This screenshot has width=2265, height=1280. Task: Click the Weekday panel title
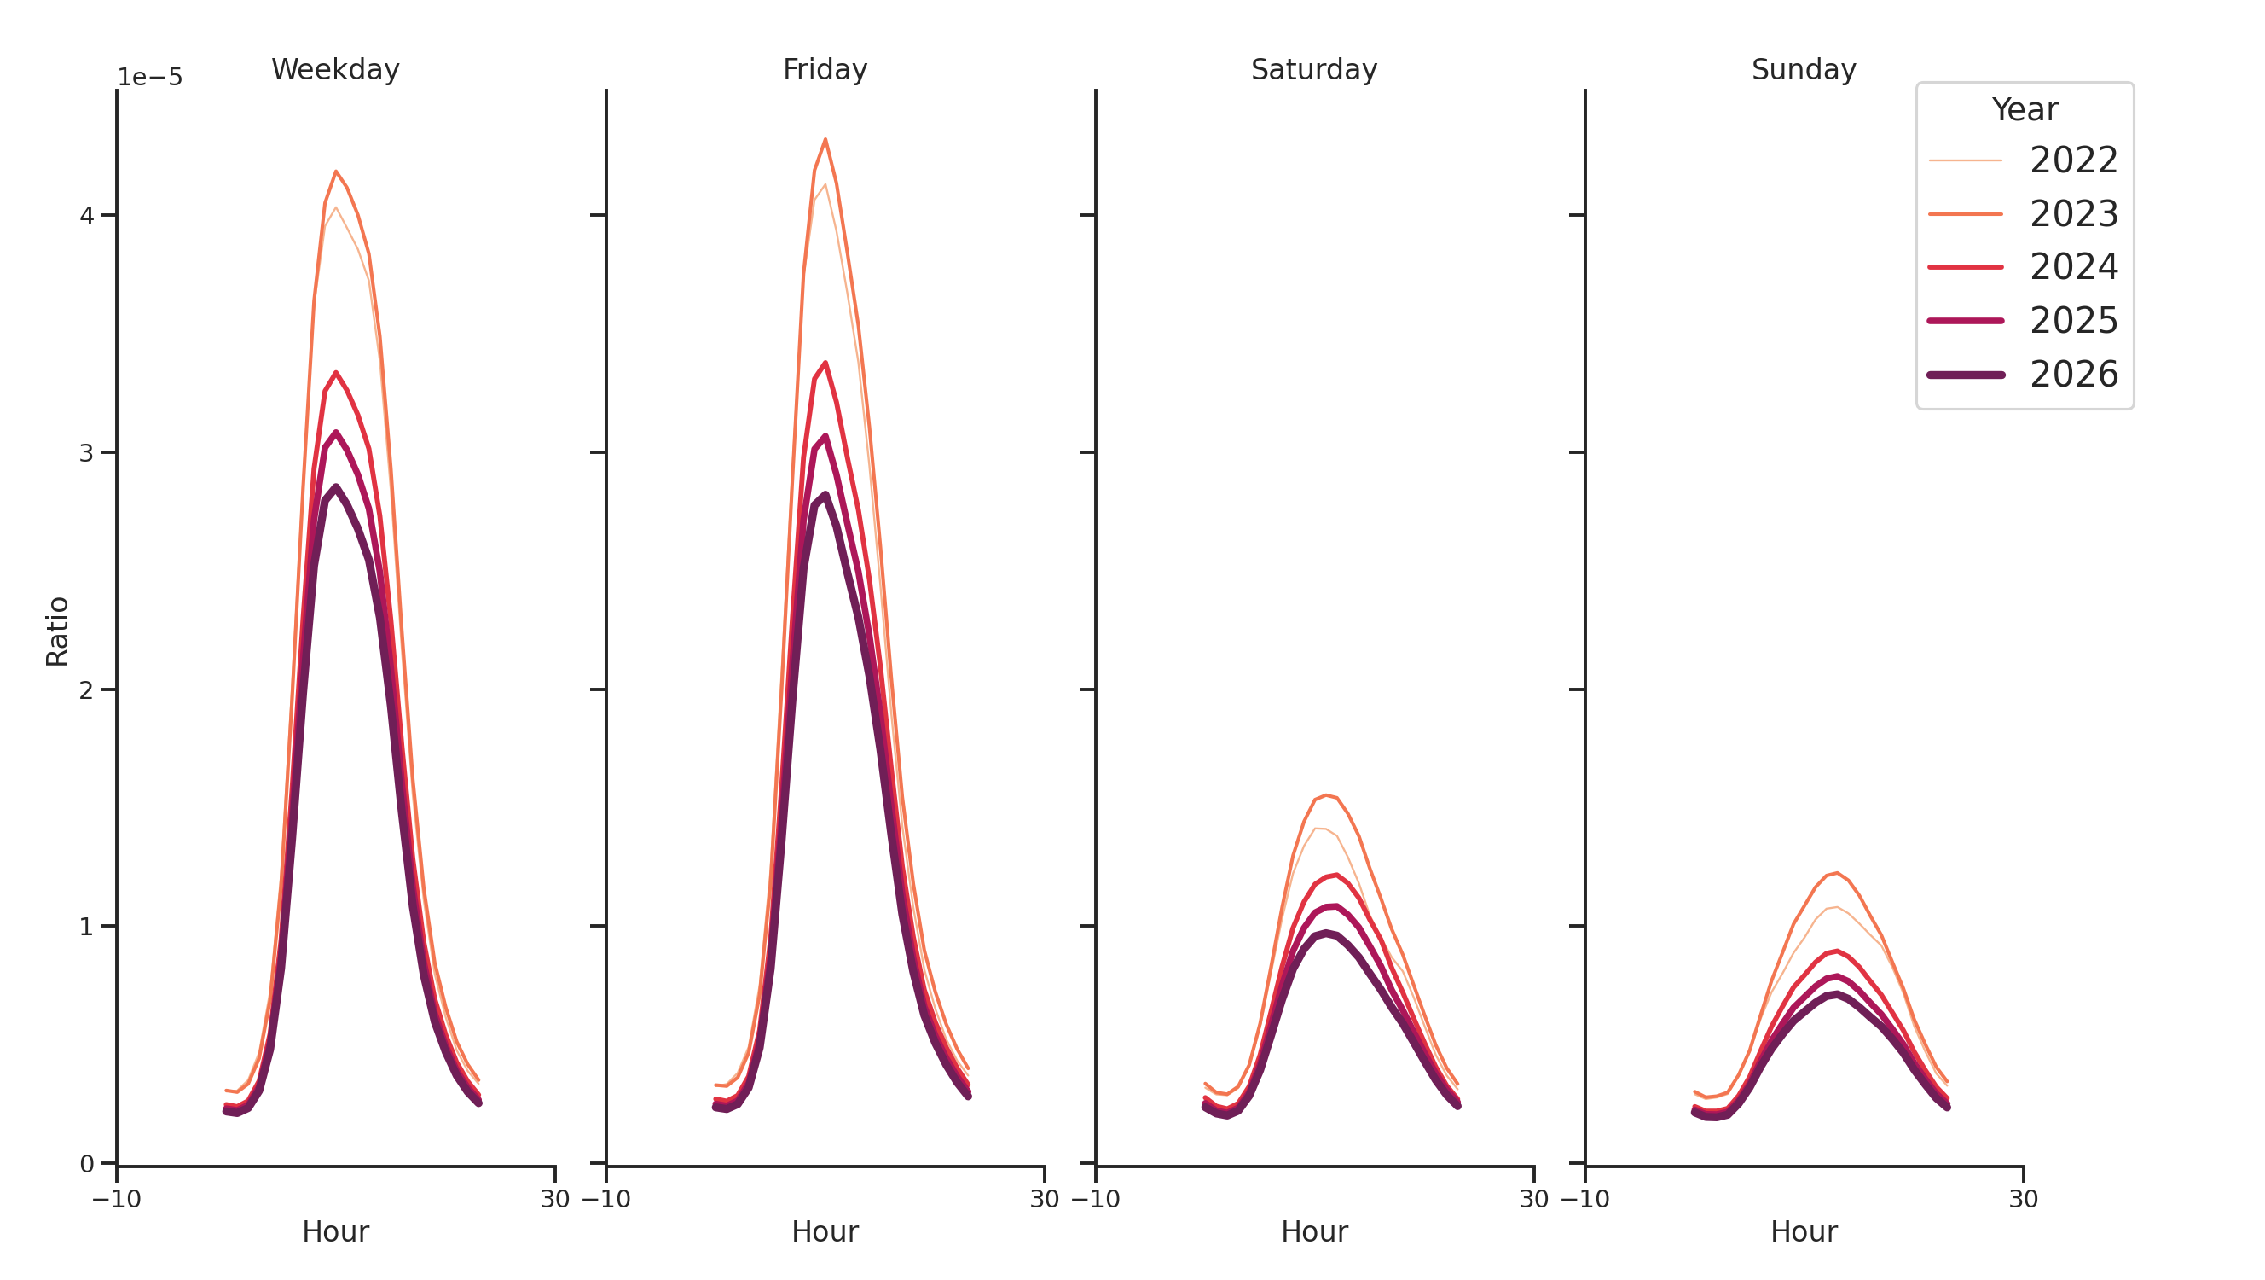[335, 69]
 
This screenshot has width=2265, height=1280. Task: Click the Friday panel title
[824, 69]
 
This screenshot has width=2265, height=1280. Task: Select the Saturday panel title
[1312, 69]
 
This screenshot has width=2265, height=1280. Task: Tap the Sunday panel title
[1803, 69]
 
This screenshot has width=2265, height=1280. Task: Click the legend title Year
[2024, 110]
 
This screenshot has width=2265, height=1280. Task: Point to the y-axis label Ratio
[57, 631]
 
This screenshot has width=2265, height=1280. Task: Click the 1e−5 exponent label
[150, 78]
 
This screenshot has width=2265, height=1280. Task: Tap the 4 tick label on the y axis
[86, 216]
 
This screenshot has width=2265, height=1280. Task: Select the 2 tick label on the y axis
[86, 690]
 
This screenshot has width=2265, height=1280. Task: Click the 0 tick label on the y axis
[86, 1165]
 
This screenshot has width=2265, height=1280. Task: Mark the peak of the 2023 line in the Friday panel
[825, 139]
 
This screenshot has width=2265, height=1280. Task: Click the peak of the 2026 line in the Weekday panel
[336, 487]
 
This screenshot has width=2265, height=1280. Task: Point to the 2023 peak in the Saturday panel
[1326, 795]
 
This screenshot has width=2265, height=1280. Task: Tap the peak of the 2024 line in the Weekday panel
[336, 373]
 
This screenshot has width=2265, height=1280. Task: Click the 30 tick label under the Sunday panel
[2023, 1199]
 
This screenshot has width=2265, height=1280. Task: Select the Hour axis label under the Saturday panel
[1313, 1231]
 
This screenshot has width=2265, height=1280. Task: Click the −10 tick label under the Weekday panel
[116, 1199]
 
